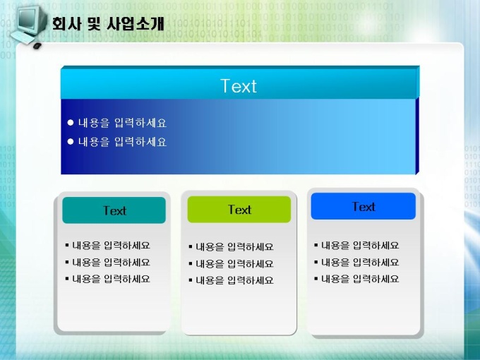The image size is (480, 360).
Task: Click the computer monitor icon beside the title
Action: pyautogui.click(x=29, y=20)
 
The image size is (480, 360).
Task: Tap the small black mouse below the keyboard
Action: pyautogui.click(x=37, y=46)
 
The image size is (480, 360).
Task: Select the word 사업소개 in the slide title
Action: pyautogui.click(x=136, y=23)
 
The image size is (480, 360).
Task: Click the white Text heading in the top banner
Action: pyautogui.click(x=239, y=86)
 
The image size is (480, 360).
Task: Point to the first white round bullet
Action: pyautogui.click(x=71, y=123)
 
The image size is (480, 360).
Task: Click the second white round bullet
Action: pyautogui.click(x=71, y=141)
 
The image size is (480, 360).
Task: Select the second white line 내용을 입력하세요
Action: pyautogui.click(x=122, y=142)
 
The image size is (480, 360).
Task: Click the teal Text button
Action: pyautogui.click(x=114, y=210)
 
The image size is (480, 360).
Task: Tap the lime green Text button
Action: pyautogui.click(x=239, y=210)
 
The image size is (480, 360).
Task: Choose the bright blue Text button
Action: pyautogui.click(x=364, y=206)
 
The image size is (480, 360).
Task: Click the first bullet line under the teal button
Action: pyautogui.click(x=108, y=245)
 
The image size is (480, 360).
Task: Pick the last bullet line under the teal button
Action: pyautogui.click(x=108, y=279)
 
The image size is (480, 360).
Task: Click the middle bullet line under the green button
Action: pyautogui.click(x=232, y=263)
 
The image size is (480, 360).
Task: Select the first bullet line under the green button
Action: pyautogui.click(x=232, y=247)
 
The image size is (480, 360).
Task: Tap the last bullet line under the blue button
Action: pyautogui.click(x=356, y=279)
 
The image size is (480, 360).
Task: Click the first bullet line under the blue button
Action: pyautogui.click(x=356, y=245)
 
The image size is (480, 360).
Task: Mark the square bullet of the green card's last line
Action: pyautogui.click(x=191, y=280)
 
